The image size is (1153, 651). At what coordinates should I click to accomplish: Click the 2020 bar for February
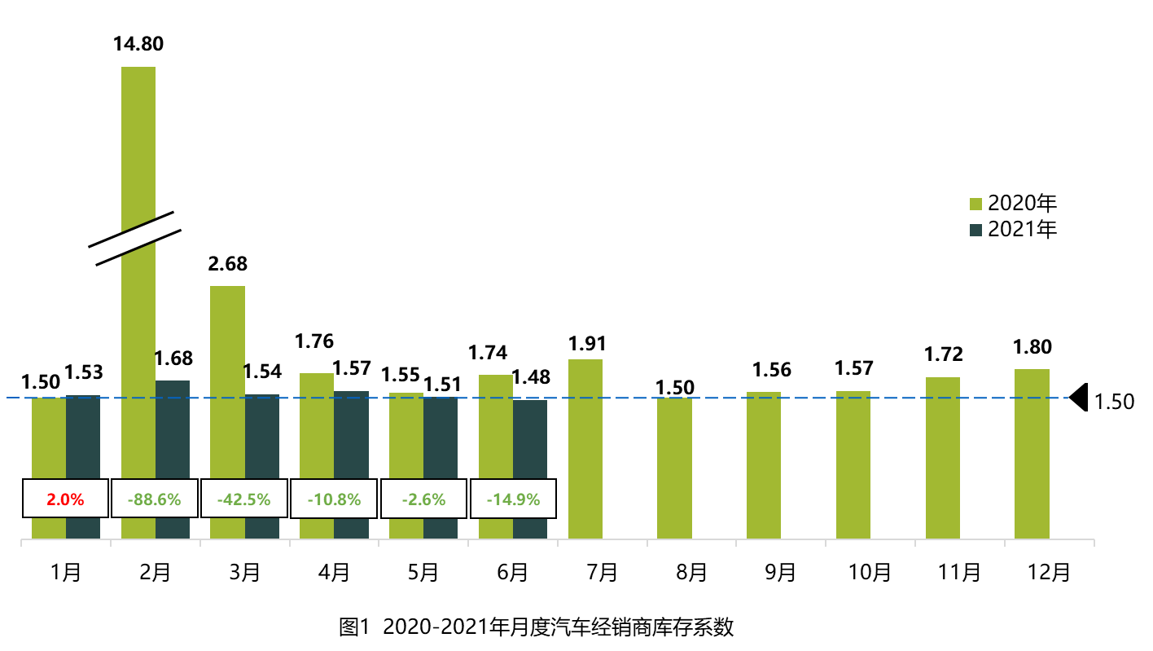point(138,326)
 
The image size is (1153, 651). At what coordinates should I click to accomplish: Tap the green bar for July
point(585,448)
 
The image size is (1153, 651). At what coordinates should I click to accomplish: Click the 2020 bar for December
point(1032,453)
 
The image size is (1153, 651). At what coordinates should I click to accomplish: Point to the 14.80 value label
point(138,43)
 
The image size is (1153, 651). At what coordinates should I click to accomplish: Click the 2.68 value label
point(228,264)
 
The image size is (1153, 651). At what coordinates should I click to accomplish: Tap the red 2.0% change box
point(65,499)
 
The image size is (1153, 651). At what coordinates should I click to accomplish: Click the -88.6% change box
point(155,499)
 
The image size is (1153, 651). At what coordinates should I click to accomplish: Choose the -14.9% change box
point(513,499)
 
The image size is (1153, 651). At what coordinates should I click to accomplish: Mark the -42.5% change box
point(244,499)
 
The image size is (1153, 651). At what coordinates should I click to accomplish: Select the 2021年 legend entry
point(1013,230)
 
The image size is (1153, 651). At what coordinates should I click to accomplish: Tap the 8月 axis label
point(691,573)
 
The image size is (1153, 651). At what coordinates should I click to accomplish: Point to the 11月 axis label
point(959,573)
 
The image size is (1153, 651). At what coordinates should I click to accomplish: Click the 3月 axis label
point(244,573)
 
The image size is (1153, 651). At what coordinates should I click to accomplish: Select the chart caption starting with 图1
point(537,627)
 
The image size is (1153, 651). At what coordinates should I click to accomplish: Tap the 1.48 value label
point(531,377)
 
